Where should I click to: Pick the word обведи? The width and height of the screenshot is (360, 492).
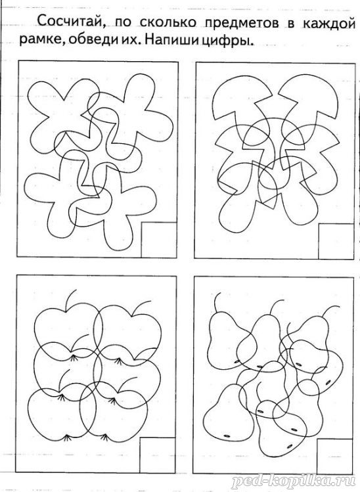tap(92, 40)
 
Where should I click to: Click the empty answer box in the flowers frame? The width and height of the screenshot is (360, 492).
tap(159, 240)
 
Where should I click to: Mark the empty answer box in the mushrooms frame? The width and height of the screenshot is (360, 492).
tap(336, 241)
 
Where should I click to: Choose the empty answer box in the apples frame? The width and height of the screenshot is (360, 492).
tap(157, 455)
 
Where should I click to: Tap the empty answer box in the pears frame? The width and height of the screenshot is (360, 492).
tap(335, 457)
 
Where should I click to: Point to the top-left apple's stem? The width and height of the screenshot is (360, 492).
tap(70, 300)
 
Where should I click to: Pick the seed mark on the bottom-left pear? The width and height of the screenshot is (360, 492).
tap(227, 436)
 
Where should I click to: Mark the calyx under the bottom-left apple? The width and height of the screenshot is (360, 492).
tap(66, 437)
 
